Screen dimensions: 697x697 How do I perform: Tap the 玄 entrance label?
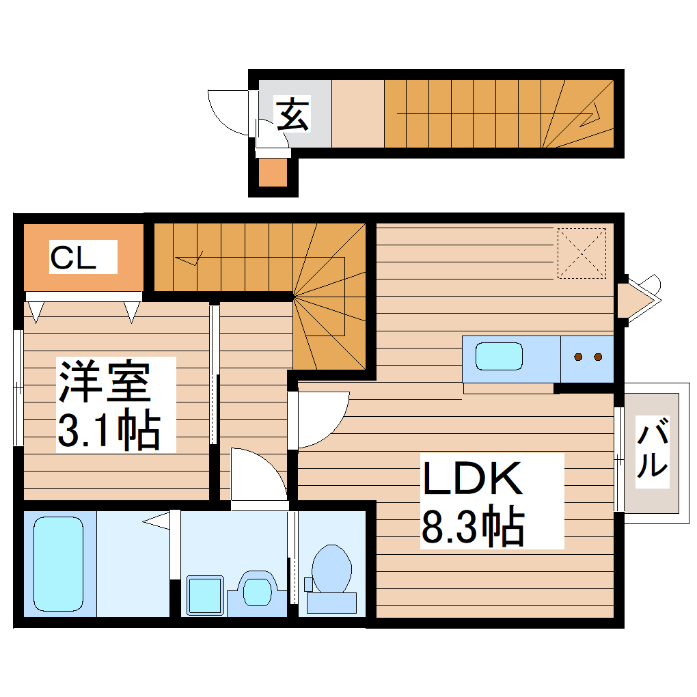click(292, 114)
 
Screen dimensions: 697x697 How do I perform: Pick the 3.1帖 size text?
click(109, 429)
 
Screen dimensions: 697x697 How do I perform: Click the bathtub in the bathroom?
click(58, 563)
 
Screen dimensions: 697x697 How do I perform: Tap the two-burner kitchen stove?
click(588, 357)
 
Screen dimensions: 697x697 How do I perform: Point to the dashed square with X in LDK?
click(582, 253)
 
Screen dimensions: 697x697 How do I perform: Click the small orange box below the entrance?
click(273, 174)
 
